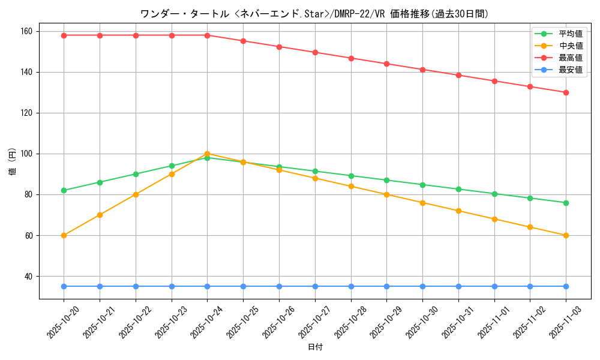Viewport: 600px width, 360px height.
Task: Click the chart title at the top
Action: coord(314,13)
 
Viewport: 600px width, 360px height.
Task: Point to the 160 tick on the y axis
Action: coord(27,31)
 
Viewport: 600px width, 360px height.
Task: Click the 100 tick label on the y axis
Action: coord(27,154)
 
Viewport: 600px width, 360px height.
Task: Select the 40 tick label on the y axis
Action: coord(29,277)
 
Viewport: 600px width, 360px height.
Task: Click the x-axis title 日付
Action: coord(314,347)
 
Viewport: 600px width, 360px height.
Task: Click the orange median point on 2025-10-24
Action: coord(207,154)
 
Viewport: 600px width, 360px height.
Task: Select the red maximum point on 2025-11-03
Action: coord(566,92)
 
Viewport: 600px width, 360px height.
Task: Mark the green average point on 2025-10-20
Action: coord(64,190)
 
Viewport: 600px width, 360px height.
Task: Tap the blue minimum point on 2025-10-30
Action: coord(422,286)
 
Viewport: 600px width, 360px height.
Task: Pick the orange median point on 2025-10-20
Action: coord(64,235)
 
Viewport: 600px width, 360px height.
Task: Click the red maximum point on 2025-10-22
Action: coord(136,35)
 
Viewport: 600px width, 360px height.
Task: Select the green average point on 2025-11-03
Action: coord(566,203)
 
